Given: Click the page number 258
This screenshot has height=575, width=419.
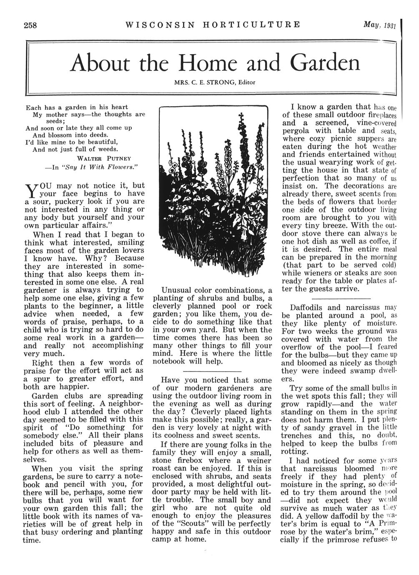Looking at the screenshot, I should pos(30,25).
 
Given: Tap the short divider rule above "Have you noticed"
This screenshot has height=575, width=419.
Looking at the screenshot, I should pos(212,371).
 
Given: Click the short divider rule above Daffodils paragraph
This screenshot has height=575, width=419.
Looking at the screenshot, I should pos(341,299).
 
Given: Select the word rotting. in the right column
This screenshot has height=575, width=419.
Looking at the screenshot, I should pos(295,451).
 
